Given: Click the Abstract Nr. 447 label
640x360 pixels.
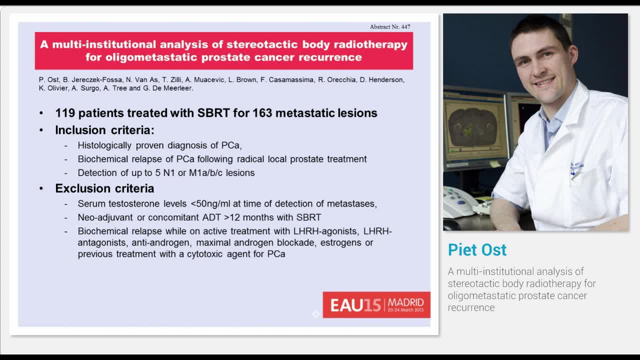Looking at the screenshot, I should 390,26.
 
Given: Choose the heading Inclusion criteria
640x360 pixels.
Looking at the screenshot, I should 104,130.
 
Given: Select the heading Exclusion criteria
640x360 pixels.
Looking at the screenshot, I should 104,188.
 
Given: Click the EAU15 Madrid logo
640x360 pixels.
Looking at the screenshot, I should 376,304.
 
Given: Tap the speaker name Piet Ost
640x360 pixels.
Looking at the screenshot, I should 477,249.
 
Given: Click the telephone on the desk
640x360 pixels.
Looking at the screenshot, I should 457,201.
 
